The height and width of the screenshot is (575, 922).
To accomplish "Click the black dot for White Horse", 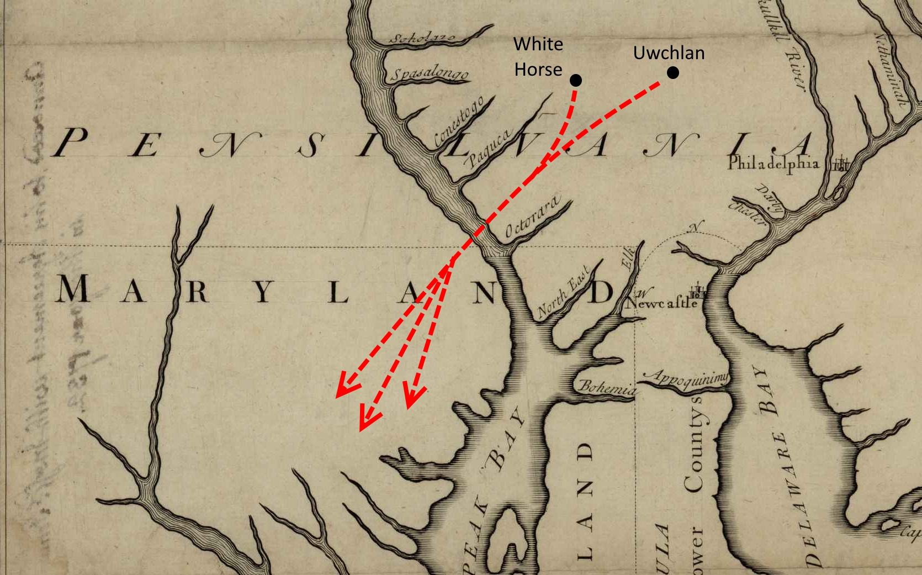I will coord(576,81).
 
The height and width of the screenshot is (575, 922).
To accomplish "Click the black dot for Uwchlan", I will coord(672,72).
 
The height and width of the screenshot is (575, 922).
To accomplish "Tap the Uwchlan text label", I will coord(669,53).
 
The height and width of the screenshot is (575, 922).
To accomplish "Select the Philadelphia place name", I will coord(772,163).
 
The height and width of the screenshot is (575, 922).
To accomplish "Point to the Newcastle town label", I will coord(661,303).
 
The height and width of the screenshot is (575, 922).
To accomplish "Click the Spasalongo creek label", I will coord(430,75).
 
